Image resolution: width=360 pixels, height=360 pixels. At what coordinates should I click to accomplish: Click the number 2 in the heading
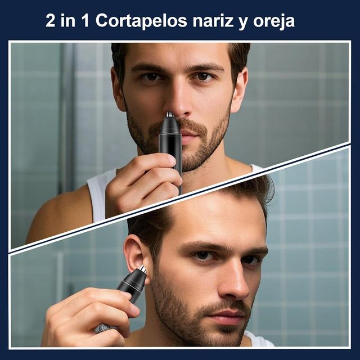click(51, 21)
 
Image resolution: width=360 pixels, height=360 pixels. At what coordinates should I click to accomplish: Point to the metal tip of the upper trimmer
click(169, 115)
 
